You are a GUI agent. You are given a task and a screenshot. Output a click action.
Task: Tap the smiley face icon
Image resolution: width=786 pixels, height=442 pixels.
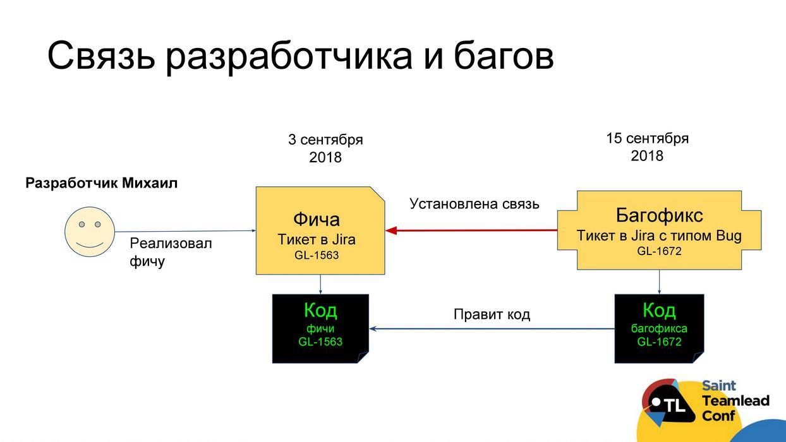pos(90,232)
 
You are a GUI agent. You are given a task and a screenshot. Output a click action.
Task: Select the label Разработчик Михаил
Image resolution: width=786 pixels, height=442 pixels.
pos(101,183)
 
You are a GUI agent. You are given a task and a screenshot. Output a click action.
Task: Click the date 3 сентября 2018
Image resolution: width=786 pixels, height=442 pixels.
pos(325,148)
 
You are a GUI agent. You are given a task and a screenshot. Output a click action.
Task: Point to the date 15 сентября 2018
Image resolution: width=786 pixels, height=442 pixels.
pos(647,146)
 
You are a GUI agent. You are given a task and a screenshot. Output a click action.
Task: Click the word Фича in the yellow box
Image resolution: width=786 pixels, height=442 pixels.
pos(316,219)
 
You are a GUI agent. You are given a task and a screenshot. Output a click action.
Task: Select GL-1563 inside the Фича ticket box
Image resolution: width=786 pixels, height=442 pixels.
pos(317,255)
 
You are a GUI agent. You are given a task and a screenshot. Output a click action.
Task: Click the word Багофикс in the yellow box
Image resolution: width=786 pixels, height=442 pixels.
pos(659,215)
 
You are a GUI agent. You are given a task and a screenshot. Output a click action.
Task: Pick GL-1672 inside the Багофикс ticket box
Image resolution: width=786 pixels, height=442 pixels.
pos(659,251)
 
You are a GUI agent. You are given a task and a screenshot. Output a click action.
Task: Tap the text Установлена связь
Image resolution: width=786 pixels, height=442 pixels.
pos(474,203)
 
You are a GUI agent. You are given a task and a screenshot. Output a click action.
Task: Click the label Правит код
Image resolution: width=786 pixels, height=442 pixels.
pos(492,314)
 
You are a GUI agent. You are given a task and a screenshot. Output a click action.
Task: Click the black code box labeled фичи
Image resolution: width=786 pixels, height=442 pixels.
pos(320,328)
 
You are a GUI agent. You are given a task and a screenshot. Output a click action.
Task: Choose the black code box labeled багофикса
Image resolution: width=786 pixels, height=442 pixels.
pos(659,328)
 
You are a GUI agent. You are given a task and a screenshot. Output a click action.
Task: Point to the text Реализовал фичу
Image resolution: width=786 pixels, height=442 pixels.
pos(170,252)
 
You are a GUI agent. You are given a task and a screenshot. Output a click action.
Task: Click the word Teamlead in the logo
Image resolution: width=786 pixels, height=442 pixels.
pos(735,400)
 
